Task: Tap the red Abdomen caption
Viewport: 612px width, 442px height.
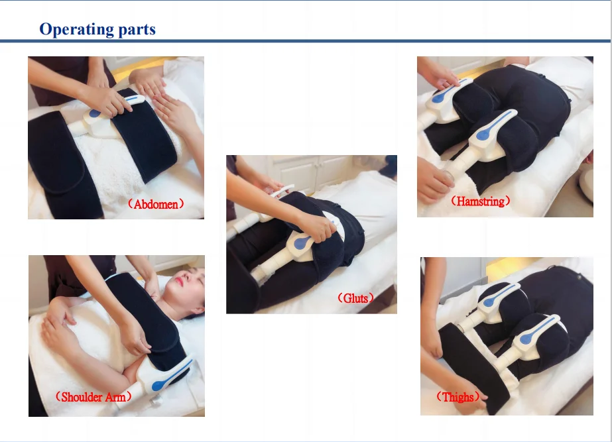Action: [155, 204]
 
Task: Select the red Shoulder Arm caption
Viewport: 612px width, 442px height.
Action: [93, 397]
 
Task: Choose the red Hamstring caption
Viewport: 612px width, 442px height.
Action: [480, 201]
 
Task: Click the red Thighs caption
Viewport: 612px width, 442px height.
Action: [458, 397]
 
